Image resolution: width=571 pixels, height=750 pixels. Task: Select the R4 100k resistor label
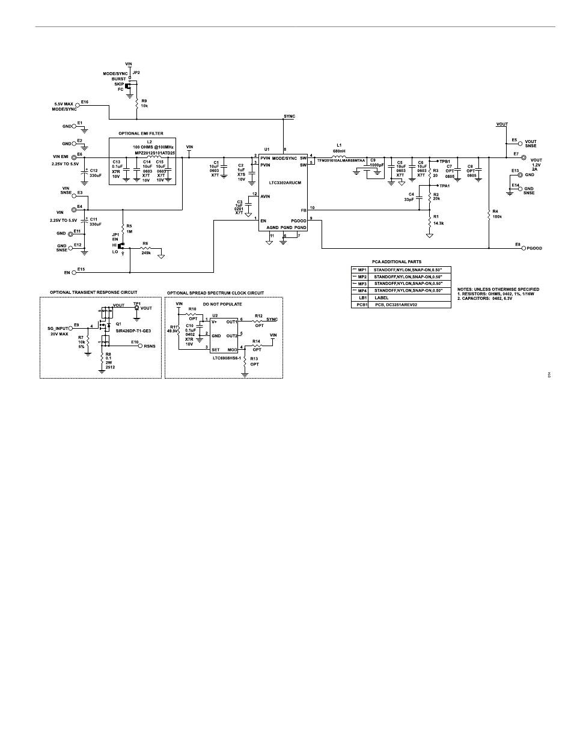(496, 214)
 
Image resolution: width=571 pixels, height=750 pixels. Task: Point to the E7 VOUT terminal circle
(523, 157)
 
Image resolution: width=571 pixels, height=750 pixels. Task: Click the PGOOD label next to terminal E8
(534, 248)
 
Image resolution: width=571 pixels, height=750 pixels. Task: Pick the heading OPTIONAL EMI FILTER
(141, 133)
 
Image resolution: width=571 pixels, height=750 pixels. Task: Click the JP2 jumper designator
(136, 72)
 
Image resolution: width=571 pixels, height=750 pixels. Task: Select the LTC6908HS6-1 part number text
(225, 359)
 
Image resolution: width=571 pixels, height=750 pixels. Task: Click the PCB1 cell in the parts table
(362, 305)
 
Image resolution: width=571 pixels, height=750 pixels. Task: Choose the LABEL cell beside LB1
(382, 297)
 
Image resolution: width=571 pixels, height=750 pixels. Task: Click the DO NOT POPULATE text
(222, 304)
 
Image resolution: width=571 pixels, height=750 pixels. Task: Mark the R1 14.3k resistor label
(438, 220)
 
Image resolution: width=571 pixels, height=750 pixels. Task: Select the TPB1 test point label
(445, 162)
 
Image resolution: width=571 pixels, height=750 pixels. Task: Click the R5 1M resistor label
(129, 228)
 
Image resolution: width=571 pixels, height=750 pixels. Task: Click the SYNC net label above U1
(289, 115)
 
